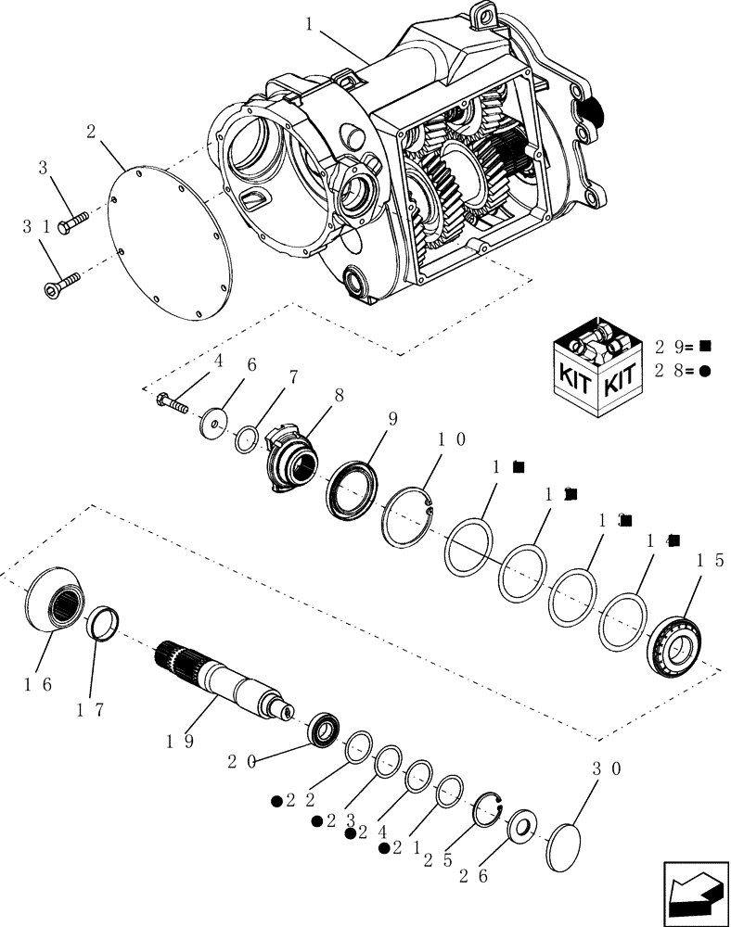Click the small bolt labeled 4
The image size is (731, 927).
click(x=173, y=403)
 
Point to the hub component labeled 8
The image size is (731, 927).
click(x=291, y=459)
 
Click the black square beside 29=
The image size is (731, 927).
click(x=705, y=347)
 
